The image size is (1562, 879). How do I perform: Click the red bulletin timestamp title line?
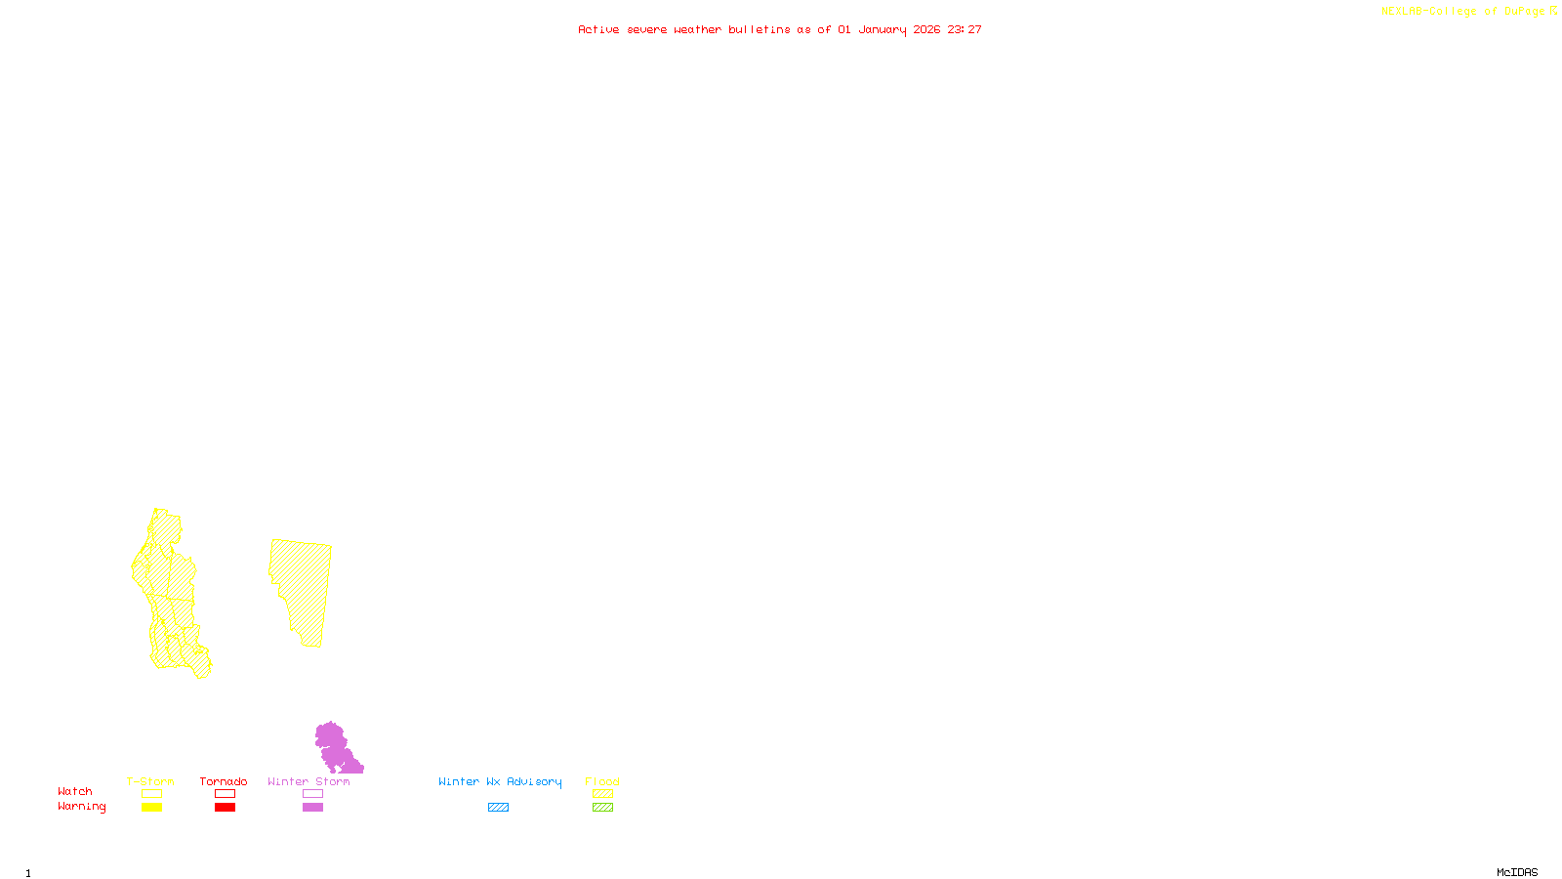click(779, 29)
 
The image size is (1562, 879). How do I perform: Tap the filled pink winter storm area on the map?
click(333, 747)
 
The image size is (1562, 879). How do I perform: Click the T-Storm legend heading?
click(150, 781)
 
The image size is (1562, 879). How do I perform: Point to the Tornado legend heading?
click(224, 781)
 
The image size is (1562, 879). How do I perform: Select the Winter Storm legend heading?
click(308, 781)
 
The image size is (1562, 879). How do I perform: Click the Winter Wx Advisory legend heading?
click(500, 781)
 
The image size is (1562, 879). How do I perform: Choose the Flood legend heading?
click(602, 781)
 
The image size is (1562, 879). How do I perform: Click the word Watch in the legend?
click(75, 791)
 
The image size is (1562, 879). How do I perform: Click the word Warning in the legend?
click(82, 807)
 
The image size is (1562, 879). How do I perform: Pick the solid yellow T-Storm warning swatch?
click(151, 808)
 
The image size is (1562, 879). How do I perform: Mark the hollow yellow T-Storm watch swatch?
click(151, 794)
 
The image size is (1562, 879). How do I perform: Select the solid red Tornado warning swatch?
click(225, 808)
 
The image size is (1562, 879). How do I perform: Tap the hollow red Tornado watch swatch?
click(225, 794)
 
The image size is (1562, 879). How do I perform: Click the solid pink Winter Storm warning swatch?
click(312, 808)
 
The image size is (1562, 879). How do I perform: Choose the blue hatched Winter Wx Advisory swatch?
click(498, 808)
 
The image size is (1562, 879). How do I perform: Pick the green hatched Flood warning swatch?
click(602, 808)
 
